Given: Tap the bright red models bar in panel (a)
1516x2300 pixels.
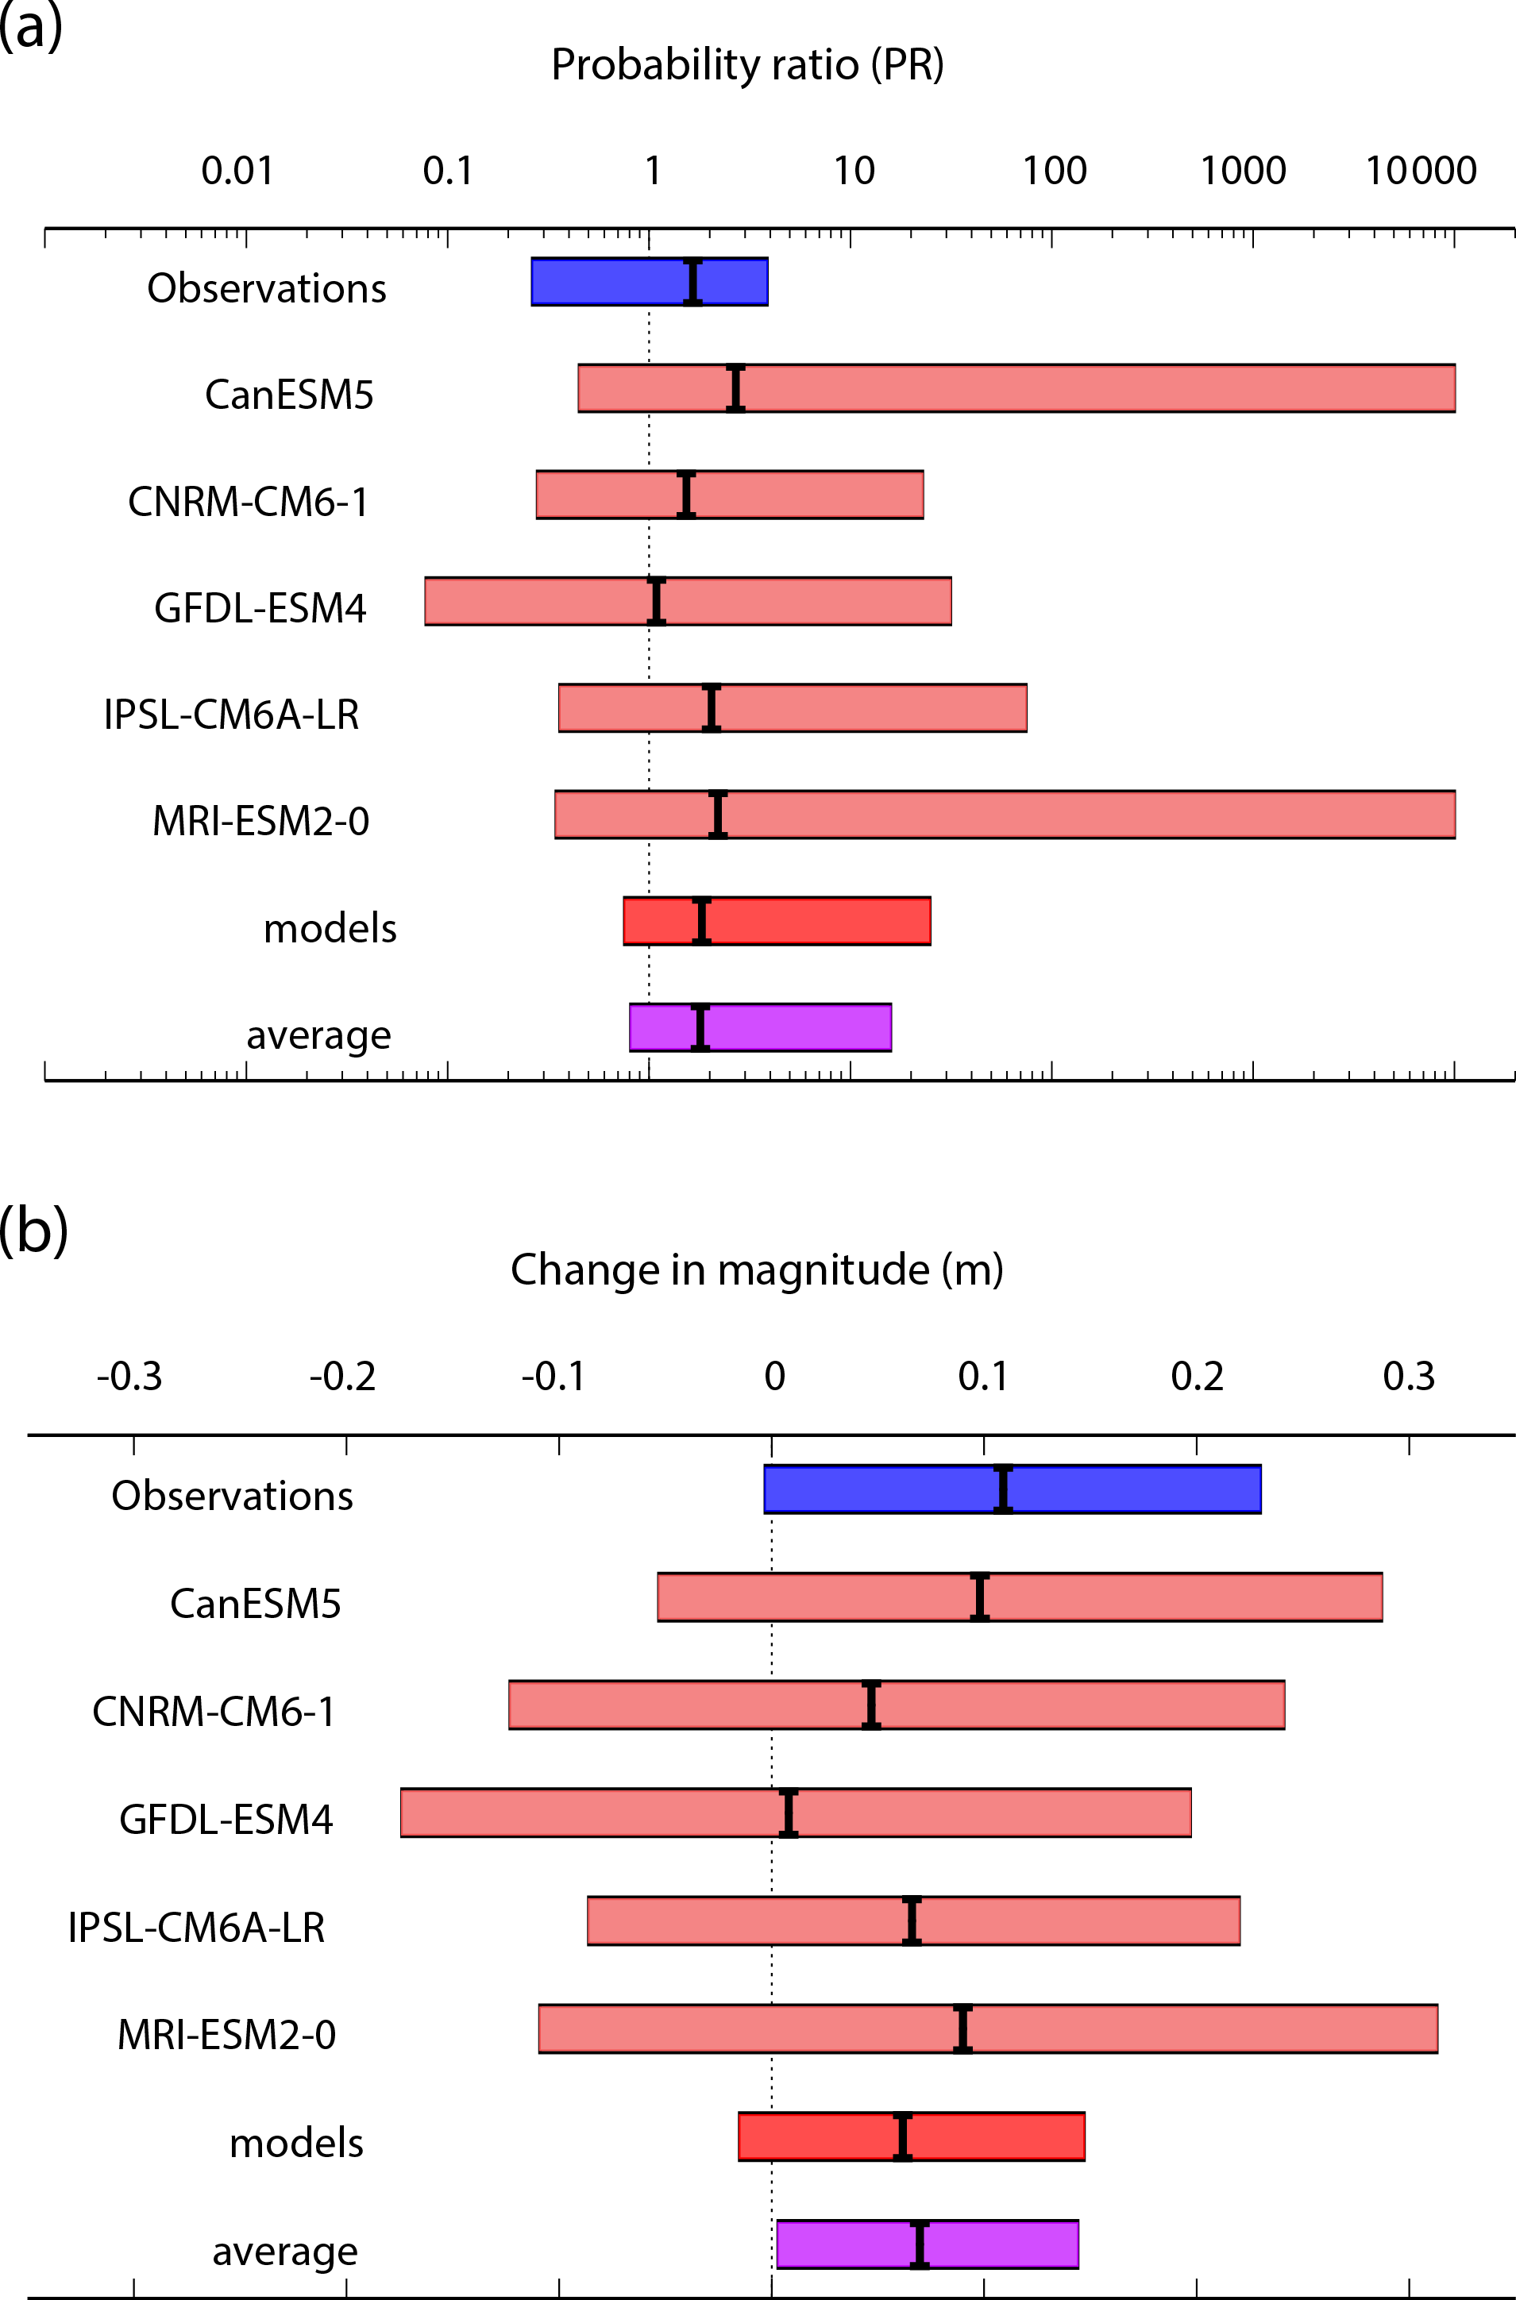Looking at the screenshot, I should pyautogui.click(x=822, y=921).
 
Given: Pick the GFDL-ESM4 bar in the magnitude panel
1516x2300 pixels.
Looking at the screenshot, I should pyautogui.click(x=966, y=1813).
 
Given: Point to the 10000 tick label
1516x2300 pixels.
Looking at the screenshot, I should pyautogui.click(x=1420, y=171).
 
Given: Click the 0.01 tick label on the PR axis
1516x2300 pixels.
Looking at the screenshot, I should pyautogui.click(x=237, y=171).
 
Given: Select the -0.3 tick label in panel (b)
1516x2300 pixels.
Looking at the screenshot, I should pyautogui.click(x=129, y=1376).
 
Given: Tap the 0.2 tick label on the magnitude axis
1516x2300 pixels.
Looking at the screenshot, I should pyautogui.click(x=1197, y=1376).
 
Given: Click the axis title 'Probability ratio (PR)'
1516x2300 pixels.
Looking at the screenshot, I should pyautogui.click(x=747, y=65).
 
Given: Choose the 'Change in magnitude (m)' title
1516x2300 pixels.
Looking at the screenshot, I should pyautogui.click(x=757, y=1269).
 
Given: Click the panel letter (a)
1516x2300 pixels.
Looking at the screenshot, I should pyautogui.click(x=31, y=26).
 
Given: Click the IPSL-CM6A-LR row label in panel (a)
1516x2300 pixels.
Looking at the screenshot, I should pyautogui.click(x=231, y=715).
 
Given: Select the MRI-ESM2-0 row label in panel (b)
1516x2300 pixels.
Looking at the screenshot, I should pyautogui.click(x=226, y=2035).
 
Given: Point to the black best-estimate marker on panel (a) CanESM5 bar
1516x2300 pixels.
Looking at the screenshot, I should pyautogui.click(x=735, y=388).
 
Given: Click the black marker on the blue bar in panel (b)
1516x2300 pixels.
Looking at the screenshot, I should pyautogui.click(x=1004, y=1489).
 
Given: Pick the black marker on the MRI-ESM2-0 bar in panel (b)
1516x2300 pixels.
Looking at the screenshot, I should pyautogui.click(x=962, y=2028).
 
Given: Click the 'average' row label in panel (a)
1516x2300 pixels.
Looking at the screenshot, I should pyautogui.click(x=319, y=1035).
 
